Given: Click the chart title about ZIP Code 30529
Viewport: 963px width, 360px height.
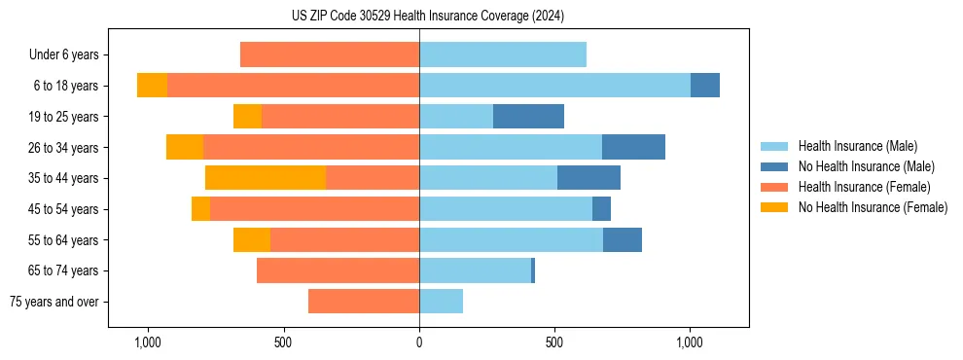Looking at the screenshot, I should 427,17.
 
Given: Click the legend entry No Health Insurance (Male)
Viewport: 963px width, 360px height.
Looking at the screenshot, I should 866,166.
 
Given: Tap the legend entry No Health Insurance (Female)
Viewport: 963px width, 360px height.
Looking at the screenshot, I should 873,207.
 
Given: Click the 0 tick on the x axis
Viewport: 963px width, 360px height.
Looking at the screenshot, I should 419,343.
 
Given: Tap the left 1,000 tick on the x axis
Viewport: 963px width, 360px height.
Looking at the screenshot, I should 148,343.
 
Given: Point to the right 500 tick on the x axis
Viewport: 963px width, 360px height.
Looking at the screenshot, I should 554,343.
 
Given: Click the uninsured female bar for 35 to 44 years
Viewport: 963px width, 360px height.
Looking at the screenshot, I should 266,178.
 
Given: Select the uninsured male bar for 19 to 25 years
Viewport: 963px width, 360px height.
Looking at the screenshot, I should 528,117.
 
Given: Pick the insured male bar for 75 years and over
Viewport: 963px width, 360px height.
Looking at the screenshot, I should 441,302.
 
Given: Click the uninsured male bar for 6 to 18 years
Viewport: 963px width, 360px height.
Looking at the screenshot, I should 705,86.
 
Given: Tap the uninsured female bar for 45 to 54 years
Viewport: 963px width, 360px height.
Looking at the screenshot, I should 200,209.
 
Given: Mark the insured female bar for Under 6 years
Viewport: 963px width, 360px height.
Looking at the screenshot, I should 330,55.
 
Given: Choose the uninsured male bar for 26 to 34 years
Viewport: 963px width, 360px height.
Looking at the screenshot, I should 633,147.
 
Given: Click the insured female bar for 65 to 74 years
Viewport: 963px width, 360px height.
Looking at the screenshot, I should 338,270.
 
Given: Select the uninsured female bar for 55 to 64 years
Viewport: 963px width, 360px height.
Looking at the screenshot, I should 252,240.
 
